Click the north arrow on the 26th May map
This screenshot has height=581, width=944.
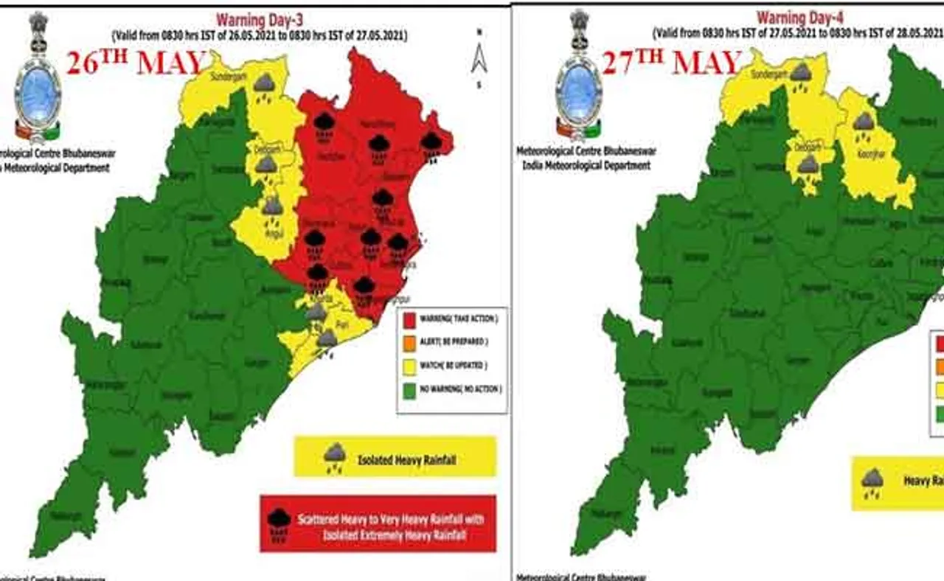click(479, 58)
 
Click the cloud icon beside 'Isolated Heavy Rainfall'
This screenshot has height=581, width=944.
click(335, 458)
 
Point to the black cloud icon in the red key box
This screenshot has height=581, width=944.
click(279, 523)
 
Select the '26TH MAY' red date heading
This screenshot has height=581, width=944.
click(134, 63)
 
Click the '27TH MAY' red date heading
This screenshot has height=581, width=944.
click(671, 63)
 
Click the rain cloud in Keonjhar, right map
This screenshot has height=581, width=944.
click(864, 125)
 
